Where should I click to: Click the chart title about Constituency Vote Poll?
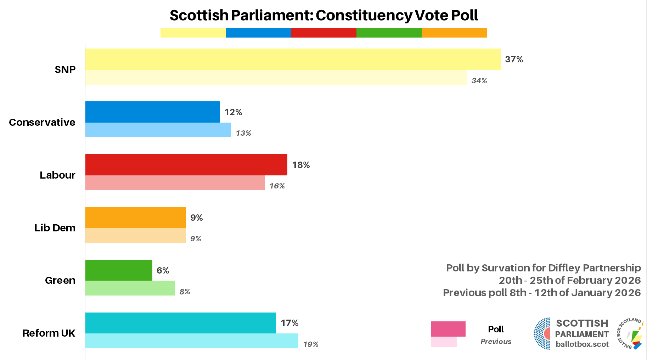(323, 15)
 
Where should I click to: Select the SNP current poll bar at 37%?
(293, 59)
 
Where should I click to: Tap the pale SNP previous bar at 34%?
(276, 77)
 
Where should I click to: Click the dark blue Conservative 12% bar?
(152, 112)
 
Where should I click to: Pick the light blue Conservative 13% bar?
(158, 130)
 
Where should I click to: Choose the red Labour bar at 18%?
(186, 165)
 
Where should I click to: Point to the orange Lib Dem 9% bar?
(135, 218)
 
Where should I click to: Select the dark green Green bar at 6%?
(119, 270)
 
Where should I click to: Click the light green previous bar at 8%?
(130, 288)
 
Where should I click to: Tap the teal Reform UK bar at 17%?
(180, 323)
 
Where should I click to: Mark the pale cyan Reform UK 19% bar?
(192, 341)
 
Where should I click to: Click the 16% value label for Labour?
(277, 186)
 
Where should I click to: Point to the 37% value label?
(514, 59)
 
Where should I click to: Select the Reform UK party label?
(49, 333)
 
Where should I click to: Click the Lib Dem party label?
(55, 228)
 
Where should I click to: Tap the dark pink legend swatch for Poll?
(448, 329)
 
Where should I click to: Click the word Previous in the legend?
(496, 342)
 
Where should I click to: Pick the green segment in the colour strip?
(389, 33)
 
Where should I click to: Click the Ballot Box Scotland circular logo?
(631, 333)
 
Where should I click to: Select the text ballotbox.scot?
(582, 344)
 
